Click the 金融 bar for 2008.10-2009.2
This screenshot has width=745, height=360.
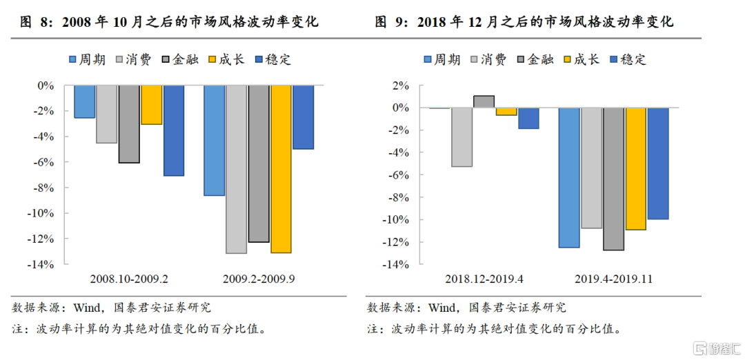pyautogui.click(x=128, y=124)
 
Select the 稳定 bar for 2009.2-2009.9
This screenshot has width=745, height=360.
pyautogui.click(x=302, y=117)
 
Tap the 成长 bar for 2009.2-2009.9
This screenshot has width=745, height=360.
pyautogui.click(x=281, y=169)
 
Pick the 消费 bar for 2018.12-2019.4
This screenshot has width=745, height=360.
pyautogui.click(x=461, y=137)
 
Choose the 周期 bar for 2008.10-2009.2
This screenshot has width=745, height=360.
pyautogui.click(x=84, y=101)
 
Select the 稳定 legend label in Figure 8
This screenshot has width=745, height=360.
pyautogui.click(x=279, y=59)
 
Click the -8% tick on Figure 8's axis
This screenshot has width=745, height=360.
pyautogui.click(x=43, y=188)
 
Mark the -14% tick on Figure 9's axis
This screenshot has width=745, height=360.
pyautogui.click(x=398, y=264)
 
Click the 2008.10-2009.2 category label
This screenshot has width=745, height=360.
pyautogui.click(x=129, y=279)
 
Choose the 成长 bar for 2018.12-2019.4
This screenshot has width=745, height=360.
pyautogui.click(x=506, y=112)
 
